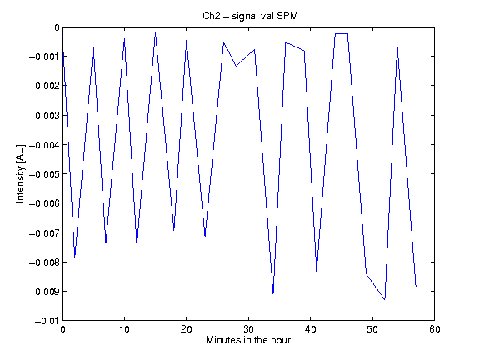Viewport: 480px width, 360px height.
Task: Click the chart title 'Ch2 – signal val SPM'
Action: click(x=250, y=16)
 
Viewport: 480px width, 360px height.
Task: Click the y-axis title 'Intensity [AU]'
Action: click(x=20, y=173)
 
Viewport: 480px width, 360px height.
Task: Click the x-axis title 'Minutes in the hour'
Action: click(x=248, y=340)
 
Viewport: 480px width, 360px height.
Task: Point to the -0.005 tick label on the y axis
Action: click(x=44, y=174)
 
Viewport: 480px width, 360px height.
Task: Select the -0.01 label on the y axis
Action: click(x=47, y=321)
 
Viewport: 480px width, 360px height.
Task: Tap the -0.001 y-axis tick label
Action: click(x=44, y=57)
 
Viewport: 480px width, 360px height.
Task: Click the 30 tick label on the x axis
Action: click(x=248, y=329)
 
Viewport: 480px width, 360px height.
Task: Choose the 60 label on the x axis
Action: click(x=435, y=329)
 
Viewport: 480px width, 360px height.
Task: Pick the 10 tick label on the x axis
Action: click(x=124, y=329)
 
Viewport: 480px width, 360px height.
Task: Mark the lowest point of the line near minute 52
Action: click(x=385, y=299)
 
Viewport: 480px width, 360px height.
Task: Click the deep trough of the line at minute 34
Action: click(x=273, y=293)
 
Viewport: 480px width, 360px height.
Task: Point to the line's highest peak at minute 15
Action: click(x=156, y=33)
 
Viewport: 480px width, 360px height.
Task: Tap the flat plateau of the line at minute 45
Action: click(x=342, y=33)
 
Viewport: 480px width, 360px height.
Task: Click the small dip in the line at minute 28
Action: click(x=236, y=66)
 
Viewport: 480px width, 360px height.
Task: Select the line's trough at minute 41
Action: click(x=317, y=271)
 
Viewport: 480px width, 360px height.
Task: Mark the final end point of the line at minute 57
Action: click(x=416, y=286)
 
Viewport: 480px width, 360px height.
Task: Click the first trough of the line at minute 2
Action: click(x=75, y=257)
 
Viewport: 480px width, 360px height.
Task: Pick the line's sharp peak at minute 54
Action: click(x=397, y=47)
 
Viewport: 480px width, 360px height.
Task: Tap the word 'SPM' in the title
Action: click(x=287, y=15)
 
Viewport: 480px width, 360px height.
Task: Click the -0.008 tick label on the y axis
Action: click(x=44, y=262)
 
